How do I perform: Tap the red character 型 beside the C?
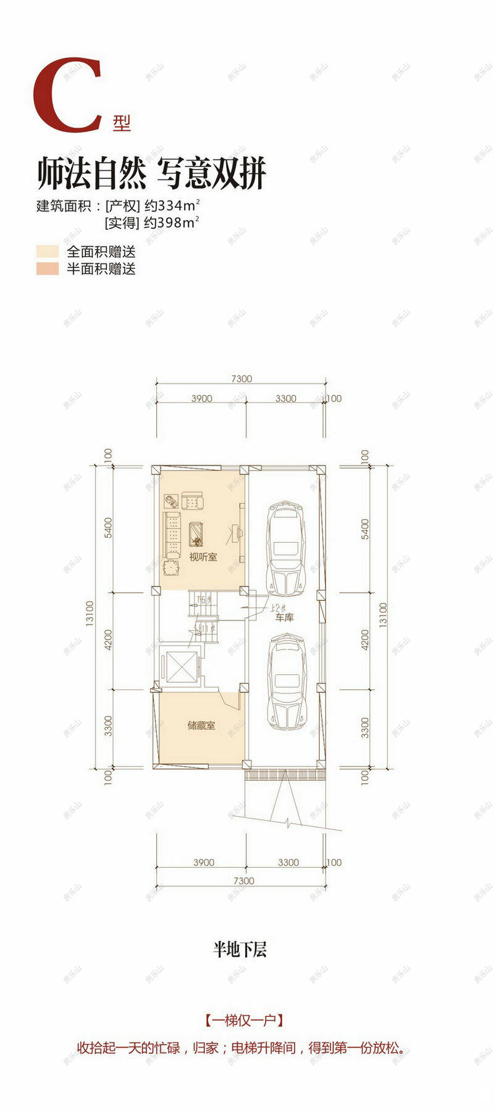tap(122, 123)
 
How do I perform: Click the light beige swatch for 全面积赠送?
tap(47, 252)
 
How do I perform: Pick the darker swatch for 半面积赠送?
tap(47, 268)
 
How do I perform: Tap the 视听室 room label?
tap(203, 557)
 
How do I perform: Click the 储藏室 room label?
tap(201, 725)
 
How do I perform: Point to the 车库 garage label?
tap(284, 617)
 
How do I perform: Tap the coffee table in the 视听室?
tap(197, 533)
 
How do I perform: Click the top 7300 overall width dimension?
tap(241, 379)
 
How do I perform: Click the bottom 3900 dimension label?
tap(203, 862)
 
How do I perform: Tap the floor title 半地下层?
tap(240, 949)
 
